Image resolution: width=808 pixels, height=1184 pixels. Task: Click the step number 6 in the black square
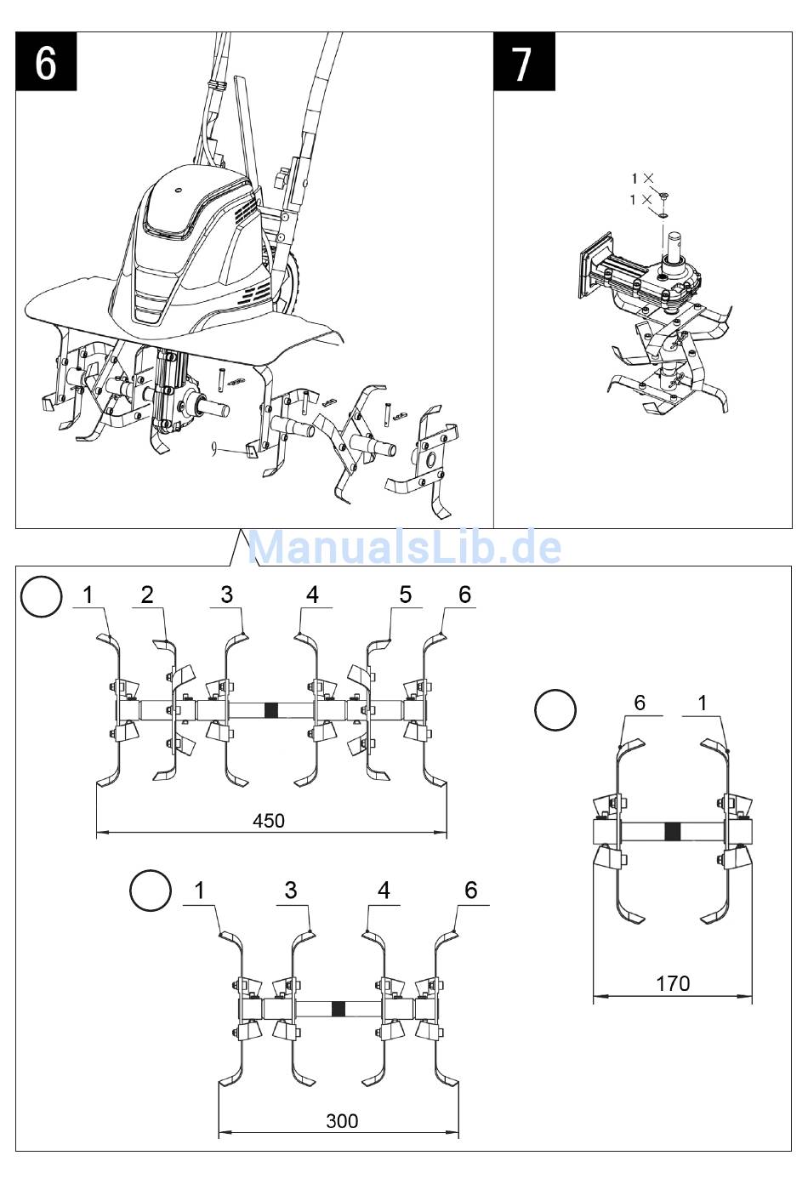click(x=46, y=61)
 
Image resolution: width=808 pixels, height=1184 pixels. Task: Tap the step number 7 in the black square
click(x=523, y=61)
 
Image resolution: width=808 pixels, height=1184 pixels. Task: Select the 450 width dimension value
click(x=269, y=821)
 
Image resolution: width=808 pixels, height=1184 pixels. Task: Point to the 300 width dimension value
click(x=342, y=1121)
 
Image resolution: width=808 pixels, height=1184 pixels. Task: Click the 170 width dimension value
click(x=673, y=983)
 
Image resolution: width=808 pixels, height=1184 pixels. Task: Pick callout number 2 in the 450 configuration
click(x=147, y=594)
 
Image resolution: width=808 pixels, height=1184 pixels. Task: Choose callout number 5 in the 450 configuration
click(x=405, y=594)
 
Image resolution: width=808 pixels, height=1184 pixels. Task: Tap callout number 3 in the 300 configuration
click(x=291, y=890)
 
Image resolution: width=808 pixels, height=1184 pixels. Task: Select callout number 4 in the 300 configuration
click(x=384, y=890)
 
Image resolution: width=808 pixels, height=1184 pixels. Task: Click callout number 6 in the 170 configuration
click(x=640, y=703)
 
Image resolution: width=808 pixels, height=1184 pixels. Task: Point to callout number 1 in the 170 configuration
click(x=703, y=703)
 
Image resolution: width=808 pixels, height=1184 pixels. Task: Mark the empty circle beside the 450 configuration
click(x=42, y=597)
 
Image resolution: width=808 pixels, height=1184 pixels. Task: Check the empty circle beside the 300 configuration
click(x=151, y=891)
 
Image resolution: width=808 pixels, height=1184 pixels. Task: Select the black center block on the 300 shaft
click(x=339, y=1009)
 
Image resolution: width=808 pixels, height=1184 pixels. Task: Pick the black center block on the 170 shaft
click(x=673, y=833)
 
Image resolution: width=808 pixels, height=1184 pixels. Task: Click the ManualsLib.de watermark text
click(x=404, y=547)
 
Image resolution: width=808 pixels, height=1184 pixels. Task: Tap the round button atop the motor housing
click(x=179, y=189)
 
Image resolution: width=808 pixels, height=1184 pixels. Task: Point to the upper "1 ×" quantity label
click(x=641, y=178)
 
